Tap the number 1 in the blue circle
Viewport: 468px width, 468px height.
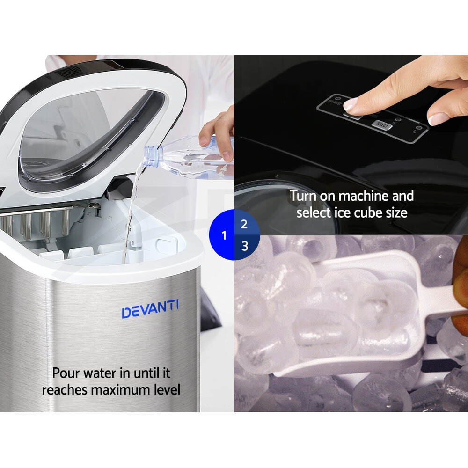[x=224, y=235]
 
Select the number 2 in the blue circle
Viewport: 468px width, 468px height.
[x=244, y=224]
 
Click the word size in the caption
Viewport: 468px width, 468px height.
[x=397, y=212]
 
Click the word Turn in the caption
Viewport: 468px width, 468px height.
[x=302, y=196]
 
